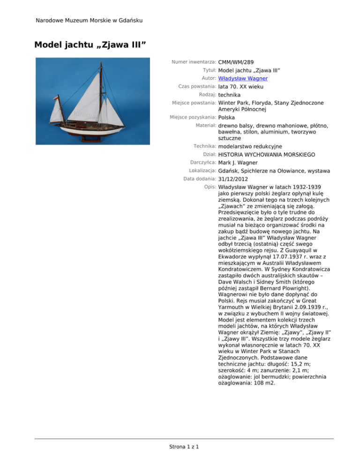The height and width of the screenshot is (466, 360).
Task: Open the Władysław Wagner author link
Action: pos(241,78)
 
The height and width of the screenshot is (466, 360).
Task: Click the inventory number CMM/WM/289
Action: pos(237,61)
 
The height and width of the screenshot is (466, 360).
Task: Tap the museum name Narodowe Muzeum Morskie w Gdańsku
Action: pos(89,20)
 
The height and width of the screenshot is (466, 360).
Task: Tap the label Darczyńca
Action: pos(201,162)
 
